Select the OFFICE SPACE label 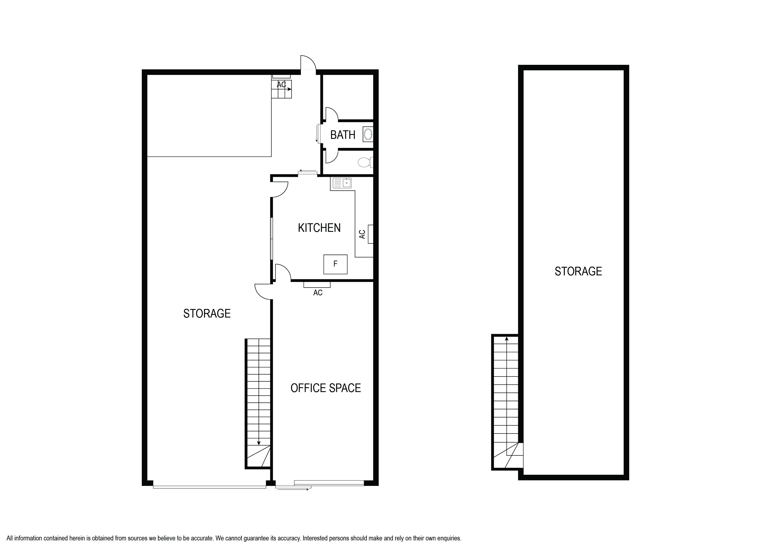click(325, 388)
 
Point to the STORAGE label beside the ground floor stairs click(207, 313)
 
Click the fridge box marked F click(335, 264)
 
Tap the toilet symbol click(365, 163)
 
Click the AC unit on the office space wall click(317, 285)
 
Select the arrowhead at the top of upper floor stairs click(506, 339)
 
